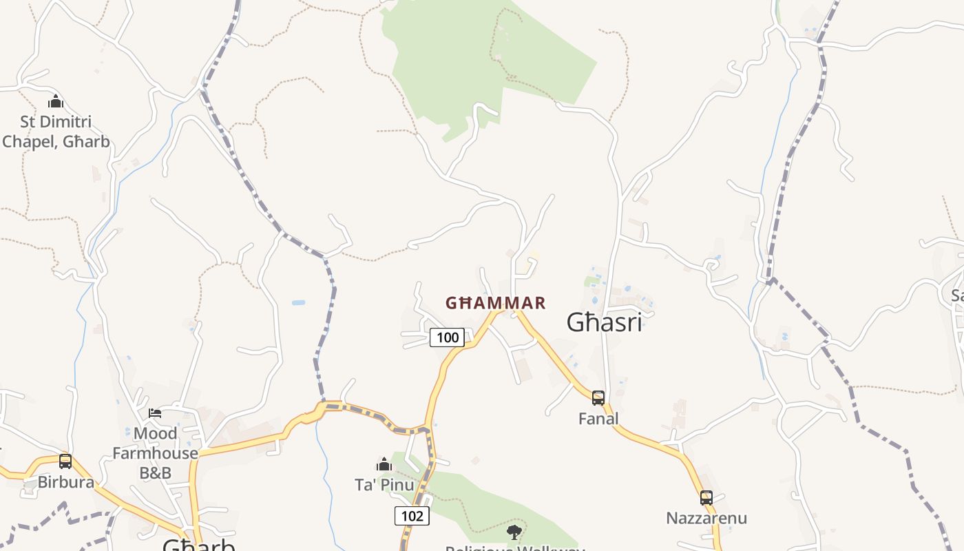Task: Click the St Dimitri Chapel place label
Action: click(x=56, y=132)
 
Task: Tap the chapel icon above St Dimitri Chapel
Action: click(x=56, y=102)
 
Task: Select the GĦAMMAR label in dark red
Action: click(x=496, y=303)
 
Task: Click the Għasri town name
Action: click(x=604, y=322)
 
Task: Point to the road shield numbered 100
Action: click(x=447, y=337)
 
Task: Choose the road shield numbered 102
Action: click(x=412, y=516)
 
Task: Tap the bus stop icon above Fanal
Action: click(x=598, y=397)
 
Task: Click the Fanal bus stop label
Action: click(x=598, y=419)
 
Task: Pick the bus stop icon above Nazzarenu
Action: click(x=706, y=497)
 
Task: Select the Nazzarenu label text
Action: click(x=706, y=518)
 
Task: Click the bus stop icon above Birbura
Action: click(x=65, y=461)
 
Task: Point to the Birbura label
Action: click(x=65, y=482)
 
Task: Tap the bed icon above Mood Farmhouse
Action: click(x=155, y=413)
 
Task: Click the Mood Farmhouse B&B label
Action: click(x=155, y=453)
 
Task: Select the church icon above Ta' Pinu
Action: click(x=384, y=464)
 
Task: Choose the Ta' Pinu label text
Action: click(x=384, y=485)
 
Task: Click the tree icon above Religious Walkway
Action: click(x=514, y=532)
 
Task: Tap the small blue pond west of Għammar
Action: click(x=298, y=302)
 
